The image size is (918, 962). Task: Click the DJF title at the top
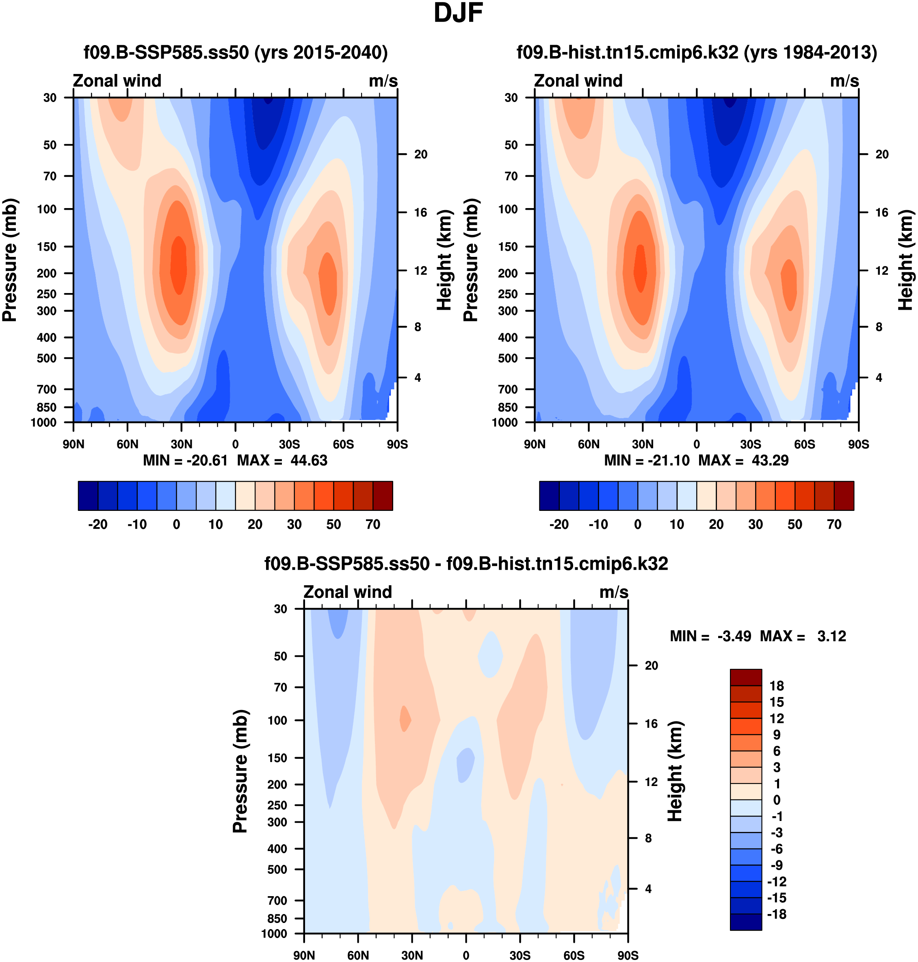point(458,13)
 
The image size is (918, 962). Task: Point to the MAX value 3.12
point(831,636)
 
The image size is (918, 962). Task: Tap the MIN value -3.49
point(734,636)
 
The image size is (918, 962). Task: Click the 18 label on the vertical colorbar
point(777,686)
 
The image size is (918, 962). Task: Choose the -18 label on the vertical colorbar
point(777,914)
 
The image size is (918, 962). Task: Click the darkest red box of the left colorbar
point(383,495)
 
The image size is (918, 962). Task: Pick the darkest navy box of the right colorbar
point(549,495)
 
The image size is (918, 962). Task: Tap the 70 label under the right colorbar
point(834,524)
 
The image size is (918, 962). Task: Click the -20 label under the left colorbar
point(97,524)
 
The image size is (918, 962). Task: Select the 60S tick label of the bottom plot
point(574,955)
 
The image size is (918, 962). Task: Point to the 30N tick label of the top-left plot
point(181,444)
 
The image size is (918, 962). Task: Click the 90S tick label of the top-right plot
point(858,444)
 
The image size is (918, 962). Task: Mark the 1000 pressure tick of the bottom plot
point(274,934)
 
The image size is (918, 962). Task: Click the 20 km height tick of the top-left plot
point(421,154)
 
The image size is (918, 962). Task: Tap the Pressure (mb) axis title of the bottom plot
point(240,771)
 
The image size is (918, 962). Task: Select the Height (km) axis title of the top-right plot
point(906,260)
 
